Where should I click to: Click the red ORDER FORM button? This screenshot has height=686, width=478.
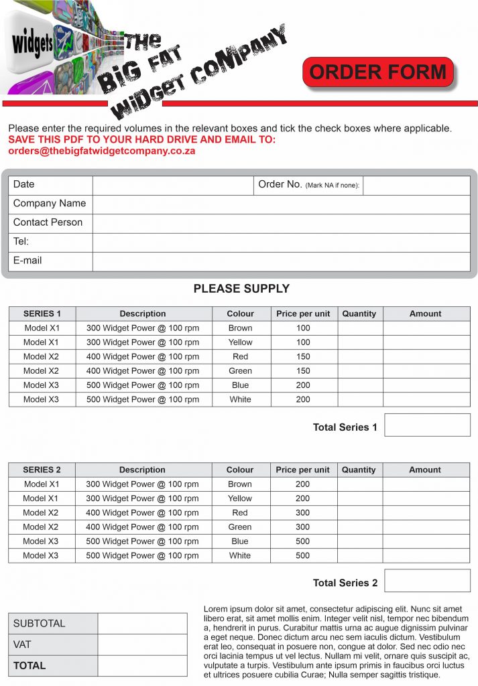tap(377, 72)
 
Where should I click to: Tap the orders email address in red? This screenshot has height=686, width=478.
tap(101, 151)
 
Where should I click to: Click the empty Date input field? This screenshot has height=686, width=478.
tap(172, 185)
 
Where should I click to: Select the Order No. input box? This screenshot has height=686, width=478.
tap(416, 185)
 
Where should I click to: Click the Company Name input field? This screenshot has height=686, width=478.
tap(281, 204)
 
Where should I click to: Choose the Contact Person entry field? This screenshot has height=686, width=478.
tap(281, 223)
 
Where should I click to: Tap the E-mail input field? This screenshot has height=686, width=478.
tap(281, 261)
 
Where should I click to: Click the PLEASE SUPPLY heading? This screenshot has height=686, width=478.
tap(241, 289)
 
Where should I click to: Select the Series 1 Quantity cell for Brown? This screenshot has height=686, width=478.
tap(360, 328)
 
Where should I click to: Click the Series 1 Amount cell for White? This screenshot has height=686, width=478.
tap(426, 399)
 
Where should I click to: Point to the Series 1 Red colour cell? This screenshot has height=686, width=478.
tap(241, 356)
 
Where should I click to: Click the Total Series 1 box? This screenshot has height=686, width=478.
tap(427, 425)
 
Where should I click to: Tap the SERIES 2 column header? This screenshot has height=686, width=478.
tap(42, 470)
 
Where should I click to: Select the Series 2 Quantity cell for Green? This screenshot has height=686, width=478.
tap(359, 527)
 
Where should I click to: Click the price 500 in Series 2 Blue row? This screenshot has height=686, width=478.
tap(303, 541)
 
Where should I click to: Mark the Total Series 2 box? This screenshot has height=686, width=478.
tap(427, 581)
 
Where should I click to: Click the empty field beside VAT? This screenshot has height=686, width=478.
tap(142, 644)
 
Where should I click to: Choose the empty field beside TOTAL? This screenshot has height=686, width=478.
tap(142, 665)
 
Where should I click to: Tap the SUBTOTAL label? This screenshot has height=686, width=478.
tap(40, 624)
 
